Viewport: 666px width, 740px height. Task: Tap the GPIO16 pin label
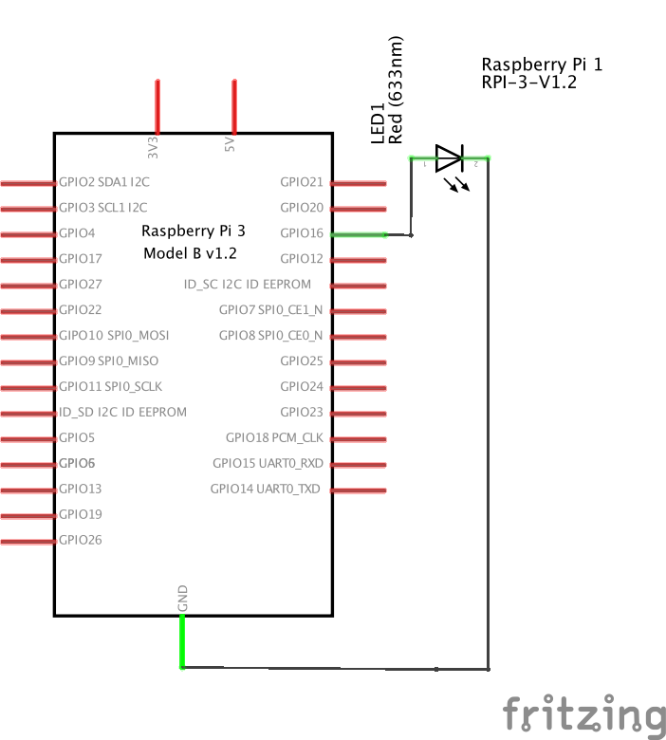(302, 233)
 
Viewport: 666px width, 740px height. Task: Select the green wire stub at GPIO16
(359, 233)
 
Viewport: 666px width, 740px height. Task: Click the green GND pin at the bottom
(182, 641)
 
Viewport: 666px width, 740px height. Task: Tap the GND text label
(182, 598)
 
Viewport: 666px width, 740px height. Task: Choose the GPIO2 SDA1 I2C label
(103, 182)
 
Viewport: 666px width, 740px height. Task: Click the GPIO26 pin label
(81, 541)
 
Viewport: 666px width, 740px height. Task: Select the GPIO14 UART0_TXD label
(266, 490)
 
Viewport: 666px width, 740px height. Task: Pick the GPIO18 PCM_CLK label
(274, 438)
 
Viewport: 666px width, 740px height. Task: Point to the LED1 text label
(378, 123)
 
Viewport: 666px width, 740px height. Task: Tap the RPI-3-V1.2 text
(529, 83)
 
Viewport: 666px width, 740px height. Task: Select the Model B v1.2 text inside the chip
(190, 254)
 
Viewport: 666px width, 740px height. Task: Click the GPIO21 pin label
(302, 182)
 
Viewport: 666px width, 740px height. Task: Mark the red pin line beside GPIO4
(28, 233)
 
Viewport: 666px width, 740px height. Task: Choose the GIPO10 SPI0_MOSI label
(114, 336)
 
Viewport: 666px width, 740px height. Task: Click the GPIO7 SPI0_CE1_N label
(270, 310)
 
